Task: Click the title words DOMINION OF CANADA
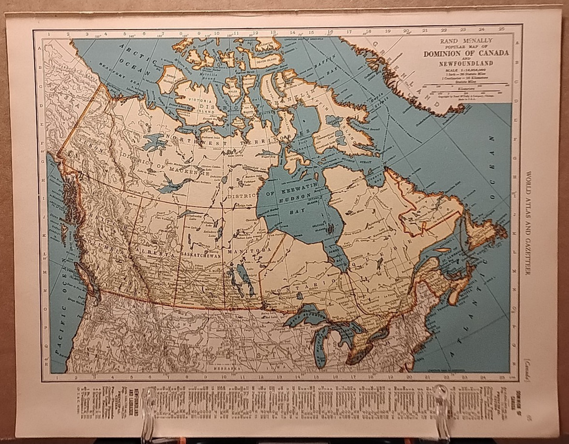click(x=465, y=53)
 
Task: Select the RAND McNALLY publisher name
click(x=466, y=42)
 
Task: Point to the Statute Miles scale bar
click(x=465, y=88)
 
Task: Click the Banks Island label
click(x=170, y=79)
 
